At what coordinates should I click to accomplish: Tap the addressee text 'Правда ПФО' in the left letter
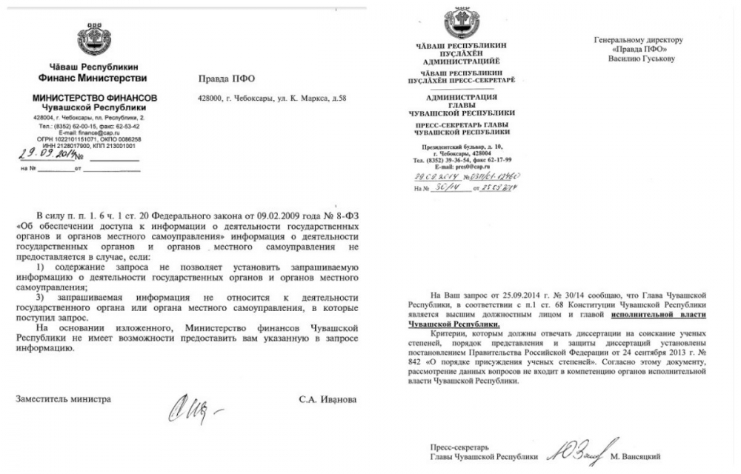[x=226, y=78]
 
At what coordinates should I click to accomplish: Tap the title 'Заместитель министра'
[x=64, y=399]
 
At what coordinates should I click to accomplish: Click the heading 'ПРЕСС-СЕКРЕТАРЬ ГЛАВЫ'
[x=457, y=127]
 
